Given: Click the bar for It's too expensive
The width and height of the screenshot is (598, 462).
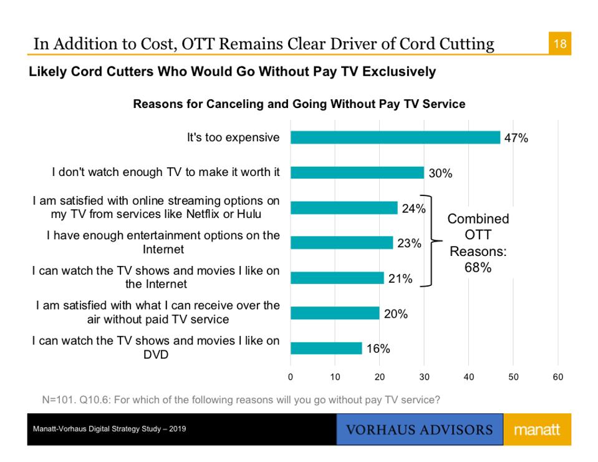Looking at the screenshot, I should [x=395, y=137].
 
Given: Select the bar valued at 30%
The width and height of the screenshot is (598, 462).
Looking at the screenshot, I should [x=357, y=173].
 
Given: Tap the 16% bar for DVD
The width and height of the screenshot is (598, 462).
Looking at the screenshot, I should [x=326, y=348].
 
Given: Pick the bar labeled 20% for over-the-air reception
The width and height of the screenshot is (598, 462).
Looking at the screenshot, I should [x=335, y=313].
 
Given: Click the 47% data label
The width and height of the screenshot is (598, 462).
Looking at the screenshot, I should [x=516, y=139].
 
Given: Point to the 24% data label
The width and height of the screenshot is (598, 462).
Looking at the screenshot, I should [x=413, y=209].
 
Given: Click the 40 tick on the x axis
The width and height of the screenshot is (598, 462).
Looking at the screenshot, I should [x=469, y=377].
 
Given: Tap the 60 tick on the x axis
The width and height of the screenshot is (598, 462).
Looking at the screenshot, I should [x=557, y=377].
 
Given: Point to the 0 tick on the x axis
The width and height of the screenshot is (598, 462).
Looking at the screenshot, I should [x=291, y=377].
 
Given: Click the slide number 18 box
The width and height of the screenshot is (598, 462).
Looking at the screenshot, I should [x=559, y=44].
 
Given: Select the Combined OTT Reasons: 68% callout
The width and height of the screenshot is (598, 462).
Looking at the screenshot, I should [x=478, y=243].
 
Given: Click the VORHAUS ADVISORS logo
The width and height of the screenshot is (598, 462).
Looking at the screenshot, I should [x=419, y=430].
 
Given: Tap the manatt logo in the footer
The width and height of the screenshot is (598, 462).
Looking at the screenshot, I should [x=536, y=430].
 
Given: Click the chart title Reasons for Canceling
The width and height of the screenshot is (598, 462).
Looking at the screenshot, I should [x=299, y=104].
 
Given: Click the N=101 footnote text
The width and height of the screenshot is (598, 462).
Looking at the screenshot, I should [x=241, y=400].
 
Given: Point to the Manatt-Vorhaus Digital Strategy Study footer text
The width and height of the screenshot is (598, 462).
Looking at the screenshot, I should [x=110, y=430].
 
